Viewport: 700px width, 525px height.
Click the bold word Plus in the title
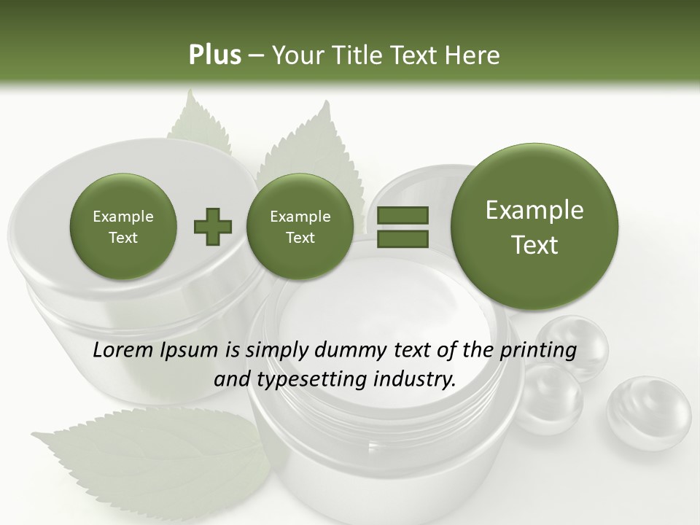tap(214, 55)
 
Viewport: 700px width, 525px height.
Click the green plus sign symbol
tap(213, 227)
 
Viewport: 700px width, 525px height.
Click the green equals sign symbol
tap(402, 227)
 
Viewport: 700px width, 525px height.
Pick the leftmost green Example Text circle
tap(122, 227)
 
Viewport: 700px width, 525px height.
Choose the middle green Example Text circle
tap(300, 227)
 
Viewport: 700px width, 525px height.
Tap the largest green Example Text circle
tap(534, 227)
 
